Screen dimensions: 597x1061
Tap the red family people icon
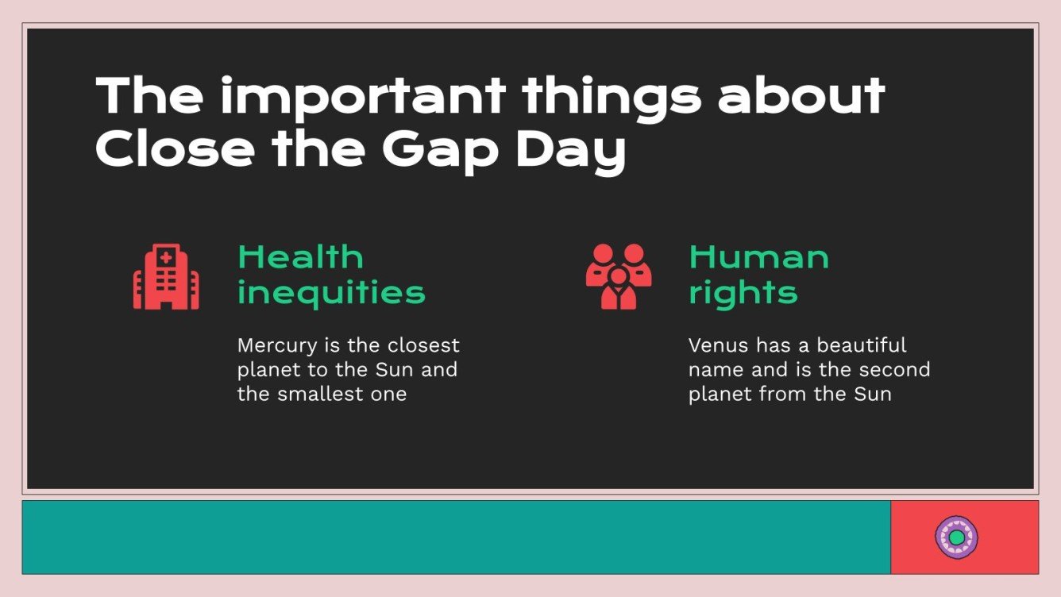[x=619, y=276]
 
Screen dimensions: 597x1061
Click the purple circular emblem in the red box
[x=956, y=537]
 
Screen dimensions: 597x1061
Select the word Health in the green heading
[x=300, y=257]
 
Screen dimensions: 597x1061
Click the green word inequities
[x=331, y=293]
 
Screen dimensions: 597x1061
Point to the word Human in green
[x=758, y=257]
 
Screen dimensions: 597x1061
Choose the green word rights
[x=743, y=293]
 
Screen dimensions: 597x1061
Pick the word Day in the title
[x=570, y=150]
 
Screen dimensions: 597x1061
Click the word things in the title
[x=612, y=96]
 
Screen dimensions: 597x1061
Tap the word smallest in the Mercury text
[x=324, y=394]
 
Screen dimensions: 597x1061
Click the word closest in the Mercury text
[x=423, y=346]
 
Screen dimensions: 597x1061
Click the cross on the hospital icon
[x=166, y=256]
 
